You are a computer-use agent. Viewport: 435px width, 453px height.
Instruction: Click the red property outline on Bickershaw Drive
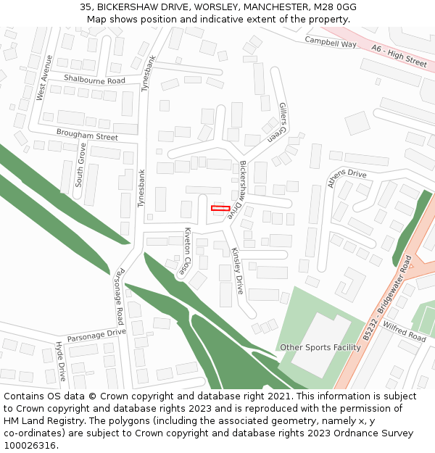click(220, 209)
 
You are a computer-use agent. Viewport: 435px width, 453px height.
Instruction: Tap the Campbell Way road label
click(331, 43)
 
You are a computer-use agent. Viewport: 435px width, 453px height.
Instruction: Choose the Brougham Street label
click(87, 136)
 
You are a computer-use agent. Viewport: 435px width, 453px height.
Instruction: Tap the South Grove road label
click(80, 165)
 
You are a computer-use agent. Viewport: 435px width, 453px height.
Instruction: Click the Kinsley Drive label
click(237, 270)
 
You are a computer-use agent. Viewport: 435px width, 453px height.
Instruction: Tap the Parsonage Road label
click(120, 296)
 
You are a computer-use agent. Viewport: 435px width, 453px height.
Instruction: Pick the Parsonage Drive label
click(96, 336)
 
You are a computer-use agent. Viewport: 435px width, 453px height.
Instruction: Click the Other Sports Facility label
click(320, 347)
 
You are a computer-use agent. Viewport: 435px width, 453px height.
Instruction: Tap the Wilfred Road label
click(405, 332)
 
